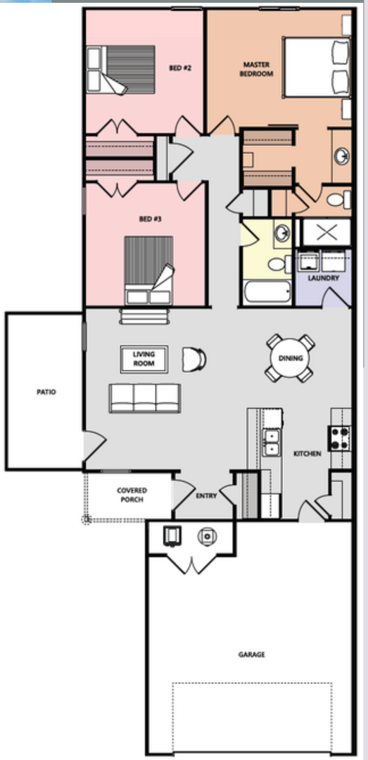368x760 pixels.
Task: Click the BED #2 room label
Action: [180, 68]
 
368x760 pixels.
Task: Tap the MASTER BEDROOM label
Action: [257, 69]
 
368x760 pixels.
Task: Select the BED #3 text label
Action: [151, 219]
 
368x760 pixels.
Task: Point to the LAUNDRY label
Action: [324, 278]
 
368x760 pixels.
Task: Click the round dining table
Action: [291, 358]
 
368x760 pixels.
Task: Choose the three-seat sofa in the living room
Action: [145, 398]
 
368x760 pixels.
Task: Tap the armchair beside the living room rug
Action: [194, 360]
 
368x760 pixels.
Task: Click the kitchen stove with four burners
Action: [339, 438]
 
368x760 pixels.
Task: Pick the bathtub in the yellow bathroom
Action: [267, 292]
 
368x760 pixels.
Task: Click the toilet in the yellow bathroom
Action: [279, 264]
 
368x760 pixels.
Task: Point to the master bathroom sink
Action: [342, 156]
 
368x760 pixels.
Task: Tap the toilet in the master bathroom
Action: [338, 199]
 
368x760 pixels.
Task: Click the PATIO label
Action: [46, 392]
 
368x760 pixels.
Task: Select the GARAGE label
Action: [252, 654]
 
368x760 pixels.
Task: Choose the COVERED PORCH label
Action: [132, 495]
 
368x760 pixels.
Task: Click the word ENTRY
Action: [206, 496]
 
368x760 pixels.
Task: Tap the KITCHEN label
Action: [307, 454]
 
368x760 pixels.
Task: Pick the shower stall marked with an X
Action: [326, 233]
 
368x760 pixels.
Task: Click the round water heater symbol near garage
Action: [207, 536]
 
